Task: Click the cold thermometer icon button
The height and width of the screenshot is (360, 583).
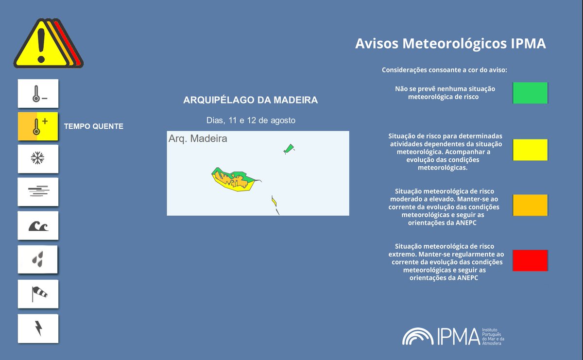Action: [x=38, y=93]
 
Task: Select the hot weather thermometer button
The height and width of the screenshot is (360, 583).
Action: [x=38, y=126]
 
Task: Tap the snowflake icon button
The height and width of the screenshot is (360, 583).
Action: [x=38, y=158]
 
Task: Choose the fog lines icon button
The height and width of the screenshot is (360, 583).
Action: [x=38, y=191]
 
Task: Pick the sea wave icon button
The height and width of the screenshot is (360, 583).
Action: [x=38, y=225]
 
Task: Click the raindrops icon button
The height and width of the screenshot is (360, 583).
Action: [x=38, y=259]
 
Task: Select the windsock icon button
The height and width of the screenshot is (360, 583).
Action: [x=38, y=293]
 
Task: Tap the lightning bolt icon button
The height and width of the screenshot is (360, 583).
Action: [x=38, y=328]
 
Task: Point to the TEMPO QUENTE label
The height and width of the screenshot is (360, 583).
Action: [x=94, y=126]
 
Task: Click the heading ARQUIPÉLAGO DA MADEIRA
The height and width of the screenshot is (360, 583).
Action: [x=250, y=100]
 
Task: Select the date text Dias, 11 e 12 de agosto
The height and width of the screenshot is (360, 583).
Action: [x=251, y=120]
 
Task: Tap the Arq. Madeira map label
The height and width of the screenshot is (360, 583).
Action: [x=198, y=139]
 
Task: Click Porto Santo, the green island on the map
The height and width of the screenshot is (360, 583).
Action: [x=289, y=149]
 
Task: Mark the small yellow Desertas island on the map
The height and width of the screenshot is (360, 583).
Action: [x=274, y=201]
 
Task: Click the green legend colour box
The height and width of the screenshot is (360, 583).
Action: [x=530, y=93]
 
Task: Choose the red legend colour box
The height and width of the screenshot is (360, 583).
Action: [x=530, y=260]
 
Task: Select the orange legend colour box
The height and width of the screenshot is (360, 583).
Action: [x=530, y=205]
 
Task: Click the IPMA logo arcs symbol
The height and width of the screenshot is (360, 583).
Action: [x=418, y=336]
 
